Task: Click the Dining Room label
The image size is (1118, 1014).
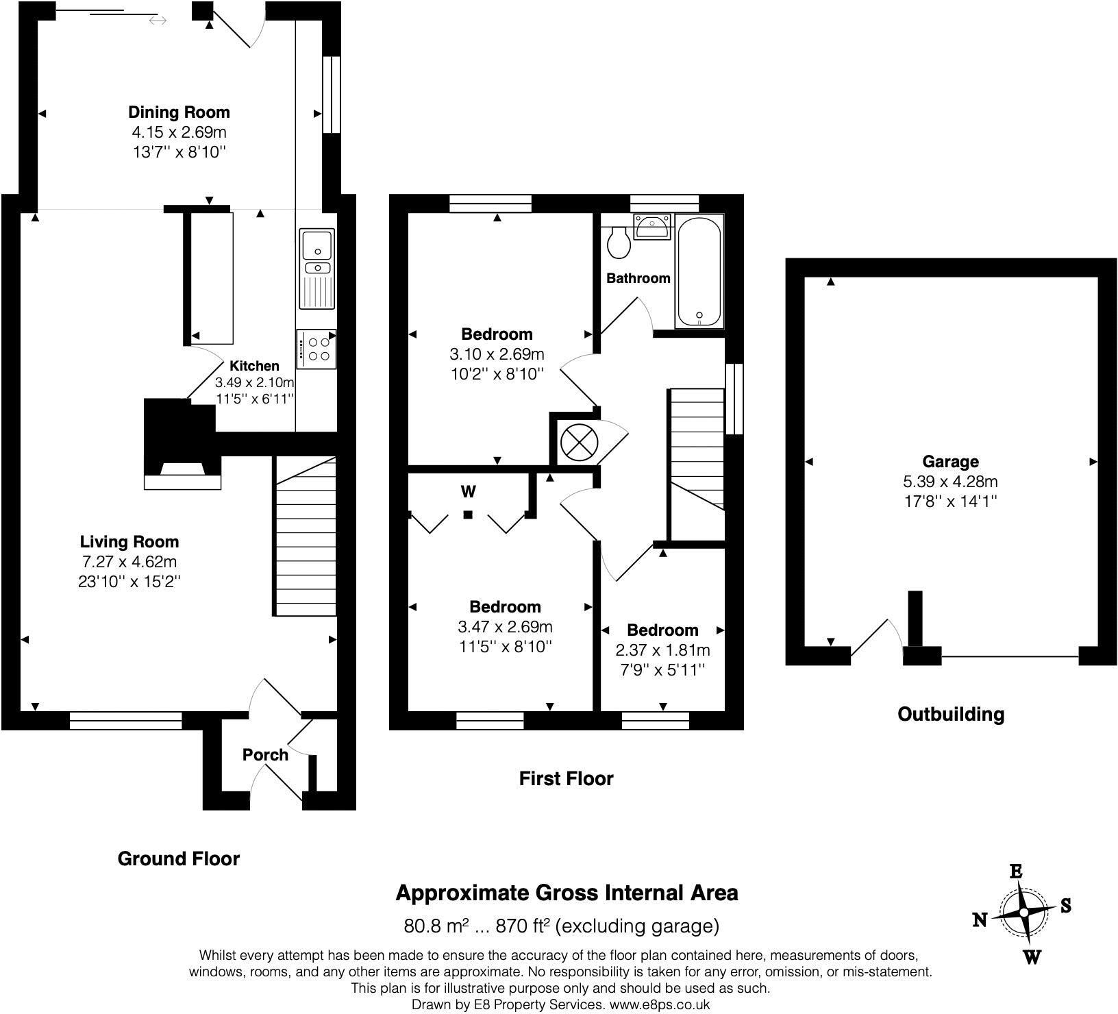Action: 179,112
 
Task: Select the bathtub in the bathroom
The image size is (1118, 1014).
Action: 699,271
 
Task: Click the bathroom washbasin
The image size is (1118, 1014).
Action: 653,226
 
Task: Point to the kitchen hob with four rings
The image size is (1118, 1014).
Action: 316,349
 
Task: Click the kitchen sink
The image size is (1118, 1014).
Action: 316,269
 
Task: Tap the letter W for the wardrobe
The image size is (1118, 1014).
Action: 469,491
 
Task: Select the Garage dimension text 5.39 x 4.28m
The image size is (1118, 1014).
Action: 950,481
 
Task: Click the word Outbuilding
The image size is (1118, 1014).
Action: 951,715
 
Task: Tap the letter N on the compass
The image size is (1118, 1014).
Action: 980,919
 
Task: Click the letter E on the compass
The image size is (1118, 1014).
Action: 1017,871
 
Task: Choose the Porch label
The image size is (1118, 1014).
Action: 265,755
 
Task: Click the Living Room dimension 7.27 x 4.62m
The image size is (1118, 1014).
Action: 130,562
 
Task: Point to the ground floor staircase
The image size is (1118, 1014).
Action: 306,536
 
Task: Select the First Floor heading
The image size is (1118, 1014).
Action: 566,778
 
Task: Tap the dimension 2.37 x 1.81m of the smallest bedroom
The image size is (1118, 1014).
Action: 662,650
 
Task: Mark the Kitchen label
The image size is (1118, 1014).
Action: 254,366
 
